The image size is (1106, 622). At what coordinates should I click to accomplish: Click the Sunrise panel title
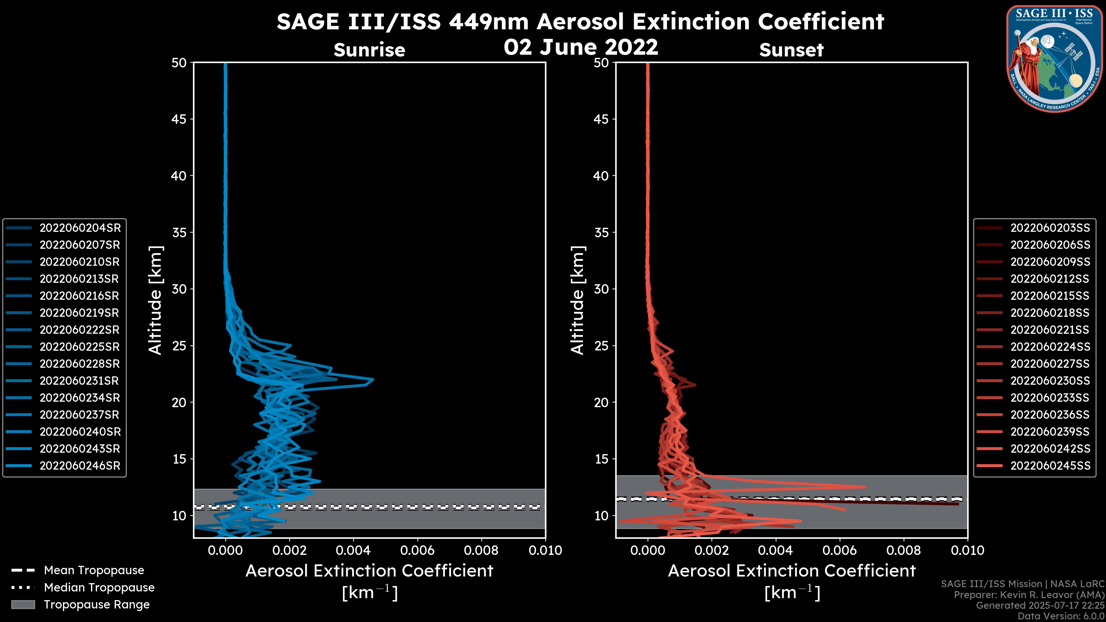369,50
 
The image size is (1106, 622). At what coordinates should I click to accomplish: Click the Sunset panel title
791,50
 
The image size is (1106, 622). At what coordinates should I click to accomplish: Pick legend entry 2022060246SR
80,466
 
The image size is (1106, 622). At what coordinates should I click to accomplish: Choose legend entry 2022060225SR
80,347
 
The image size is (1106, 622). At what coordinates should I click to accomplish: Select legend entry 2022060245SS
1050,466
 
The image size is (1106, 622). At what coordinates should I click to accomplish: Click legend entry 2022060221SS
1050,330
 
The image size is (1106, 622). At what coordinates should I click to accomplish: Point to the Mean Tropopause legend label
94,570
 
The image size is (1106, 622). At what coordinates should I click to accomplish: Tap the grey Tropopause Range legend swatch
23,604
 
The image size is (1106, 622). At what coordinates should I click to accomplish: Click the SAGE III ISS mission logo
1054,58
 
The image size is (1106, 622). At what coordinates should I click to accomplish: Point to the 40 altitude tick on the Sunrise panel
179,176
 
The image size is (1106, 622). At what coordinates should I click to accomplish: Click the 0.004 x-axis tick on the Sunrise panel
353,550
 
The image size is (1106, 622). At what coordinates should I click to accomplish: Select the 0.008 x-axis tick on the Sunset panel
904,550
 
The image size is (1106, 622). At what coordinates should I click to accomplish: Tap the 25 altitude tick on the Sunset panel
601,346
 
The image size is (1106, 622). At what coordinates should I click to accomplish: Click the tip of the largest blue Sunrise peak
373,380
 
